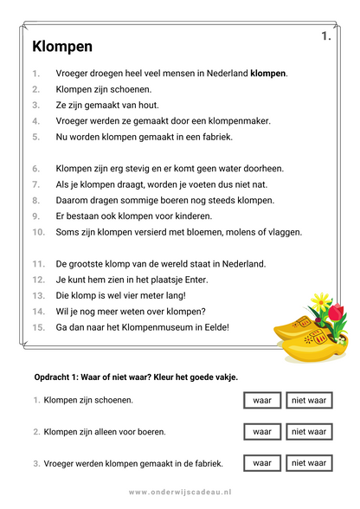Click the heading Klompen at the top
pyautogui.click(x=61, y=46)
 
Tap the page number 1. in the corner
pyautogui.click(x=325, y=36)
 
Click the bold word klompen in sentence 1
pyautogui.click(x=267, y=74)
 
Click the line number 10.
pyautogui.click(x=39, y=232)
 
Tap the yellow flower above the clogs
pyautogui.click(x=321, y=301)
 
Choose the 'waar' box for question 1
pyautogui.click(x=262, y=400)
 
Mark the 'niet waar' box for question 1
pyautogui.click(x=309, y=400)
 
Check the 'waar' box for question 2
pyautogui.click(x=262, y=431)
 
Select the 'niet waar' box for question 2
pyautogui.click(x=309, y=431)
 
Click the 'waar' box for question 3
pyautogui.click(x=262, y=463)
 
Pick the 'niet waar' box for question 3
pyautogui.click(x=309, y=463)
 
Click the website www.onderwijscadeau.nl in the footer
pyautogui.click(x=180, y=492)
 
